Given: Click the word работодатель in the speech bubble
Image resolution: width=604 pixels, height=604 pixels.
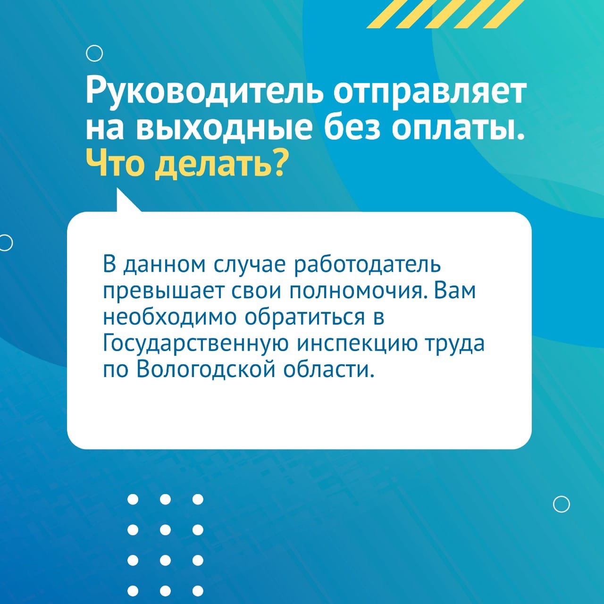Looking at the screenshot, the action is (367, 265).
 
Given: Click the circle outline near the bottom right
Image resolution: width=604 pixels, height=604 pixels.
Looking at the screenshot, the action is (562, 504).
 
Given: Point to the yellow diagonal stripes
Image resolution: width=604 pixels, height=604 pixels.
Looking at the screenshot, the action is (443, 14).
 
